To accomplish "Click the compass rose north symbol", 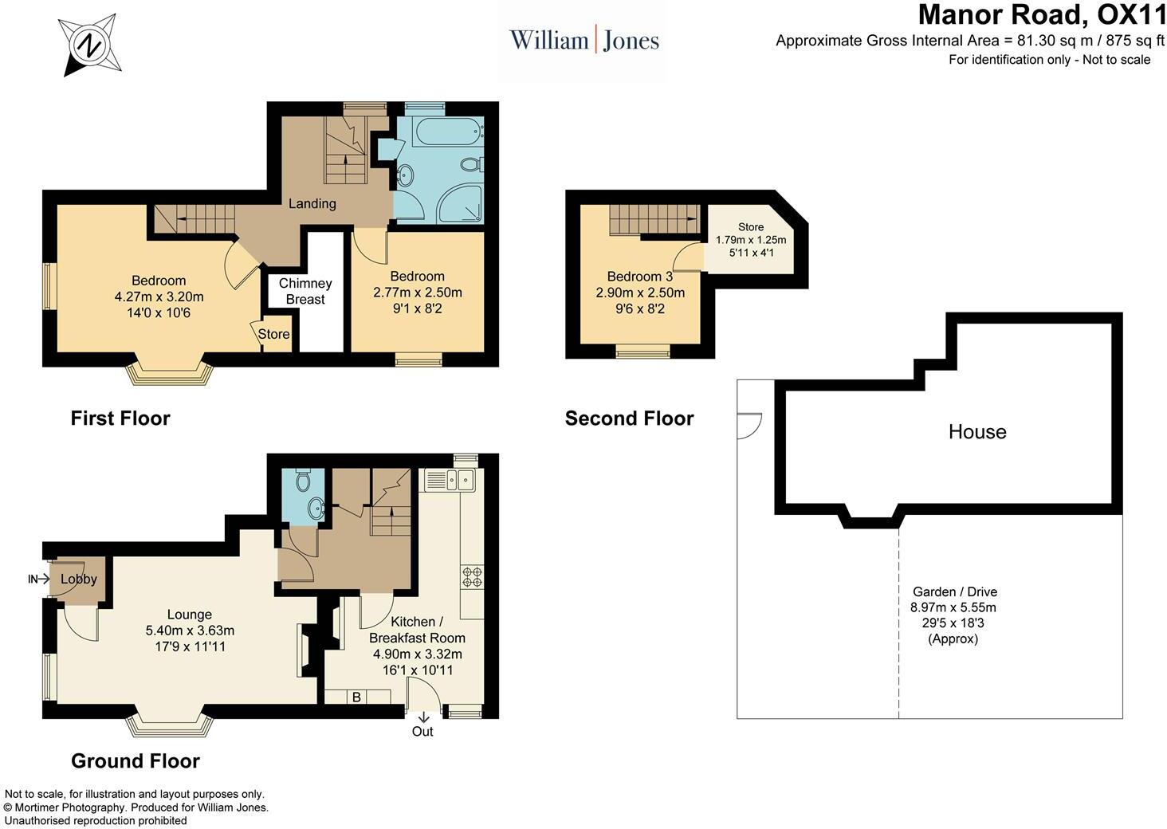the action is click(89, 45).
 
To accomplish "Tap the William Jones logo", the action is click(584, 41).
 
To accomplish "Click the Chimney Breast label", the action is click(305, 291).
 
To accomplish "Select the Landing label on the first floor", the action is click(312, 203).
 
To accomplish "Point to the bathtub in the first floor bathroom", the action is click(449, 133).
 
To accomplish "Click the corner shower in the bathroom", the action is click(461, 204).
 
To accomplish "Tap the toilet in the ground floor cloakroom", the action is click(303, 480).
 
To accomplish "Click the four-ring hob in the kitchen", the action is click(472, 577).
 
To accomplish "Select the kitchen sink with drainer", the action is click(449, 480).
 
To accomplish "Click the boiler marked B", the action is click(357, 697).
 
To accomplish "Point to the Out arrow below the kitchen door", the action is click(423, 717).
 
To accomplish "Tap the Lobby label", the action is click(79, 579).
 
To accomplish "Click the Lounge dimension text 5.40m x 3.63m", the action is click(190, 631).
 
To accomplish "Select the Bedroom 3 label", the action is click(640, 276).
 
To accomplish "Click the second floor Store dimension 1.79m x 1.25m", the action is click(751, 240).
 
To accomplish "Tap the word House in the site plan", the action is click(977, 431).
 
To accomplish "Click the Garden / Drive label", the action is click(955, 591).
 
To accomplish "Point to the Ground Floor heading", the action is click(136, 761).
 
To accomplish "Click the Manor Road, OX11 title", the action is click(1041, 14).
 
